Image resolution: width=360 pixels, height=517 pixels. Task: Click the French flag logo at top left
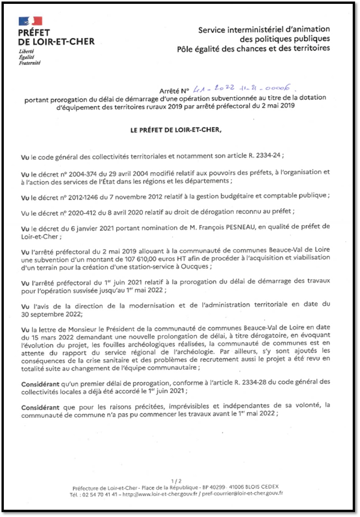[30, 21]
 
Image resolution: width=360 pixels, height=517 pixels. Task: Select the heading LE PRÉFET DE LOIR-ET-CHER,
[176, 130]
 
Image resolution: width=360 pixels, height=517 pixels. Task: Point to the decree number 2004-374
[84, 174]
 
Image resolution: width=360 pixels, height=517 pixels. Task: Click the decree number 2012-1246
[85, 197]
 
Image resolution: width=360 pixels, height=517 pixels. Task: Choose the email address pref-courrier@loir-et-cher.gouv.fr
[243, 493]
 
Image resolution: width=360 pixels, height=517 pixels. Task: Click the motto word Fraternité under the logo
[30, 63]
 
